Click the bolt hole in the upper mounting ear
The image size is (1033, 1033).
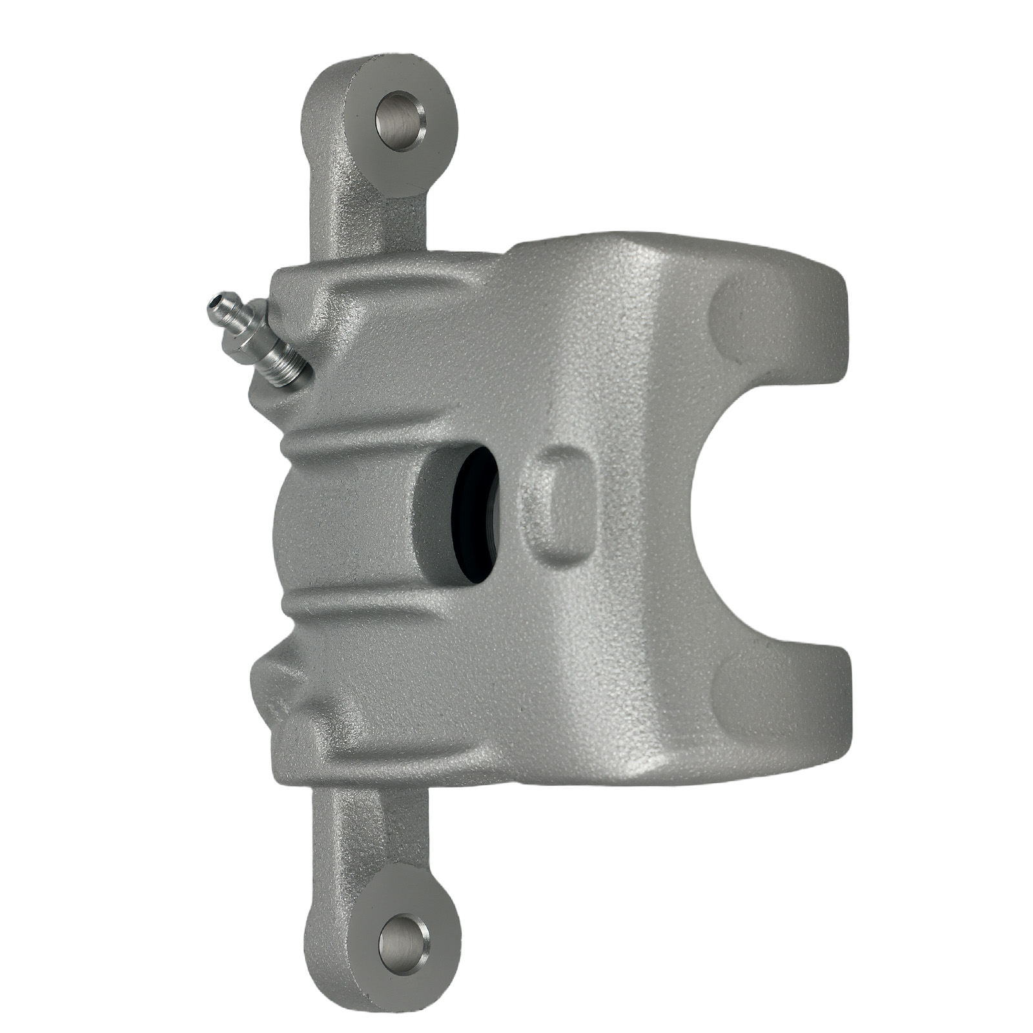tap(400, 121)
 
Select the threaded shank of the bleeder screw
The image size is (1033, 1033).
tap(284, 365)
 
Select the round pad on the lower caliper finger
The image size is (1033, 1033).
tap(749, 694)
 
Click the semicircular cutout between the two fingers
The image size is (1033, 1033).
tap(762, 510)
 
